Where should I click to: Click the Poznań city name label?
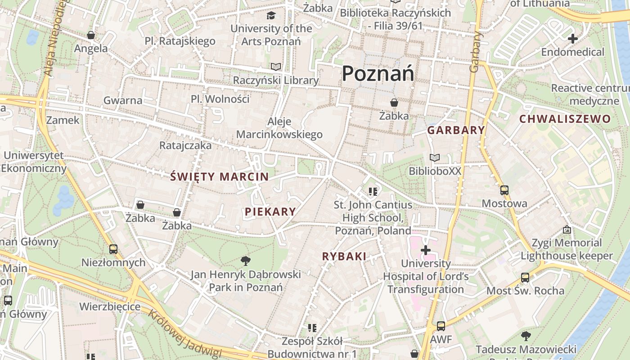point(378,73)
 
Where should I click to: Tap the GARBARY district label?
point(456,130)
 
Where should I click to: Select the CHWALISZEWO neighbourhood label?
point(565,119)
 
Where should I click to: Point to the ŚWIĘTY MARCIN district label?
point(219,177)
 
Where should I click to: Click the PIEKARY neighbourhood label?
point(270,211)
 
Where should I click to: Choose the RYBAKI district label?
point(344,256)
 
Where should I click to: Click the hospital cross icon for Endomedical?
point(572,39)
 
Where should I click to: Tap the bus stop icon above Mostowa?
point(504,190)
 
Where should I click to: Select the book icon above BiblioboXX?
point(434,158)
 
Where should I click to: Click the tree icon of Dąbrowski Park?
point(245,261)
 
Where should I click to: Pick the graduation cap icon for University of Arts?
point(271,16)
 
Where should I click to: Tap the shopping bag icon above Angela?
point(91,35)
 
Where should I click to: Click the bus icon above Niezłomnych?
point(113,249)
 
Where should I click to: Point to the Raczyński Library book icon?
point(275,67)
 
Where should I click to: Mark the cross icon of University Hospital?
point(426,250)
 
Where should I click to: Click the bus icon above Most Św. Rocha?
point(525,277)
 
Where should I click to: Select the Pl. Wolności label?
point(220,99)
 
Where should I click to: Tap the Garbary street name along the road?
point(475,52)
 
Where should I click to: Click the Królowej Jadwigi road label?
point(185,333)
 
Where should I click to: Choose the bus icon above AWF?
point(441,326)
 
